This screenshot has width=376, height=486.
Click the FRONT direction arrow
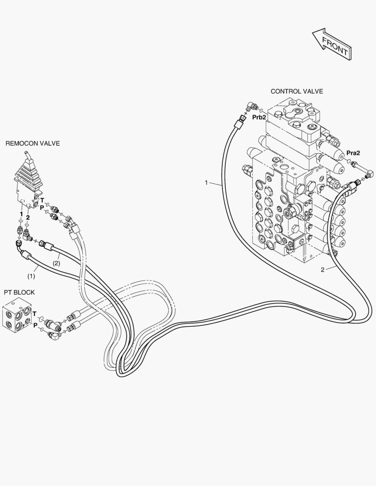[331, 44]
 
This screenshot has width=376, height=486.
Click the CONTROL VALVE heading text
[296, 91]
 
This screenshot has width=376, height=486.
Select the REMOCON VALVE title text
[32, 144]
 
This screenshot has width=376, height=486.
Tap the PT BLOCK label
[19, 292]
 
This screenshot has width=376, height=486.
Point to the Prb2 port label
[259, 117]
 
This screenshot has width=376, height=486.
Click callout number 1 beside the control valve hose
[206, 183]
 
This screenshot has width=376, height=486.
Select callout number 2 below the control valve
[322, 270]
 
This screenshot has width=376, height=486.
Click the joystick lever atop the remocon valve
[27, 160]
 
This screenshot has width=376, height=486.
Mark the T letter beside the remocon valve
[42, 200]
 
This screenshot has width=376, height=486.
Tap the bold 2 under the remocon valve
[28, 217]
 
